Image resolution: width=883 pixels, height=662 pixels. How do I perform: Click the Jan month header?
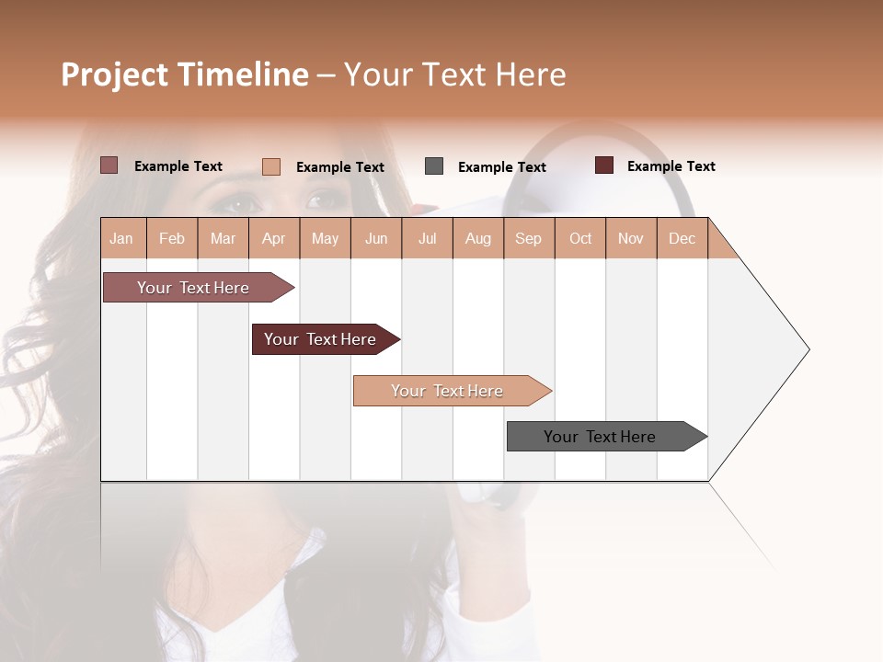[121, 238]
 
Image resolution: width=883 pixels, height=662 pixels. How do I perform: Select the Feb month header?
[172, 238]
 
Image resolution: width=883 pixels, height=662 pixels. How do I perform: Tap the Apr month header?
[273, 238]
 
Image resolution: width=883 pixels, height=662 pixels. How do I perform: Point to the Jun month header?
[376, 238]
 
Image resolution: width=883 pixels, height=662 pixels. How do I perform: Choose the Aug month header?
[477, 238]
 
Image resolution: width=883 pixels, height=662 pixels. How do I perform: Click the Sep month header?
[528, 238]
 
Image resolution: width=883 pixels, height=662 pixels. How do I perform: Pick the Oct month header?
[580, 238]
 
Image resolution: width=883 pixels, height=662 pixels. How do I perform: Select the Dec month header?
[682, 238]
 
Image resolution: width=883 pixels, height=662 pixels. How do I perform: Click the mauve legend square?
[109, 165]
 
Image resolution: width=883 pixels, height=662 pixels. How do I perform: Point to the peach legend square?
[271, 166]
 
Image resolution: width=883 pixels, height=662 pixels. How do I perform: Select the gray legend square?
[434, 166]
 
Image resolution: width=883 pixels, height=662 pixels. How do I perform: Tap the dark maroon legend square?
[604, 165]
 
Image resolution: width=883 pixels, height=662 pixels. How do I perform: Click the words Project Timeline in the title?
[185, 74]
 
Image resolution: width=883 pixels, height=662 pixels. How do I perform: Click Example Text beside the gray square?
[501, 167]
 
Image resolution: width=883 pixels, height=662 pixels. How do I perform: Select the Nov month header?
[630, 238]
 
